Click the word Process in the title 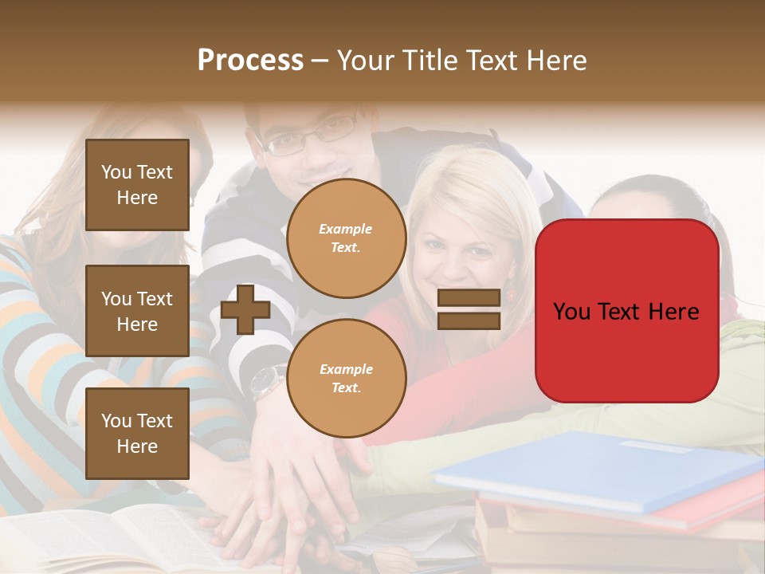(250, 61)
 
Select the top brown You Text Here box (137, 185)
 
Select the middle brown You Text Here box (137, 311)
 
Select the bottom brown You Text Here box (137, 433)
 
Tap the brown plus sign (245, 309)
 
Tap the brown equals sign (469, 309)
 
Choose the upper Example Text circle (346, 238)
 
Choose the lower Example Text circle (346, 378)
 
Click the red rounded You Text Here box (626, 311)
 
